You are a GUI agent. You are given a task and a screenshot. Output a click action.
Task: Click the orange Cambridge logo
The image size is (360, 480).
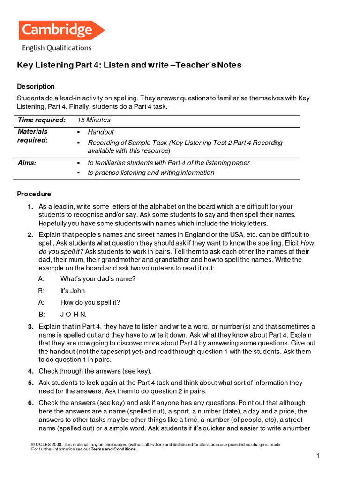pyautogui.click(x=61, y=30)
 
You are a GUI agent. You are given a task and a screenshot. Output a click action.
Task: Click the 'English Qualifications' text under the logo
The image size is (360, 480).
pyautogui.click(x=57, y=48)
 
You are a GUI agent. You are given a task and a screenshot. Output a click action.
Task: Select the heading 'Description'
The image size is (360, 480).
pyautogui.click(x=36, y=86)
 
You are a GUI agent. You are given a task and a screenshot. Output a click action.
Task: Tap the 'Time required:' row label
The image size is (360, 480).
pyautogui.click(x=42, y=120)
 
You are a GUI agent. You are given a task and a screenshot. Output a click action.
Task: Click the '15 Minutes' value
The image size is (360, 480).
pyautogui.click(x=94, y=120)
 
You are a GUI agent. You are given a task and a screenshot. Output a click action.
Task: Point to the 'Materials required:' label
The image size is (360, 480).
pyautogui.click(x=33, y=136)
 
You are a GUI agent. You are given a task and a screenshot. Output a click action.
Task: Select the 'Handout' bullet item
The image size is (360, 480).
pyautogui.click(x=101, y=132)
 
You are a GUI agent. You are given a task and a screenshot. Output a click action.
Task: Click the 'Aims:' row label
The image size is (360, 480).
pyautogui.click(x=27, y=163)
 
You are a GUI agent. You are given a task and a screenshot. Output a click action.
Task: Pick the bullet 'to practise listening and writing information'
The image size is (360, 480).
pyautogui.click(x=151, y=172)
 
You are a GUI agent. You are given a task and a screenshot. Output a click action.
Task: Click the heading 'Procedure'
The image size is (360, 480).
pyautogui.click(x=34, y=194)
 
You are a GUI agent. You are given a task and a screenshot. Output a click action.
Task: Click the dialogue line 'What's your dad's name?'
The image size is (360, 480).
pyautogui.click(x=98, y=279)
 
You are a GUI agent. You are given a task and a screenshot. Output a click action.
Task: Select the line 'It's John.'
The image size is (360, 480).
pyautogui.click(x=74, y=291)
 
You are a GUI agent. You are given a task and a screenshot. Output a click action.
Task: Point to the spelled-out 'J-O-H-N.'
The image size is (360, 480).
pyautogui.click(x=74, y=314)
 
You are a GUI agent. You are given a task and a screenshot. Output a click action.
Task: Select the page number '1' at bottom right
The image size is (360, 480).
pyautogui.click(x=317, y=456)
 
